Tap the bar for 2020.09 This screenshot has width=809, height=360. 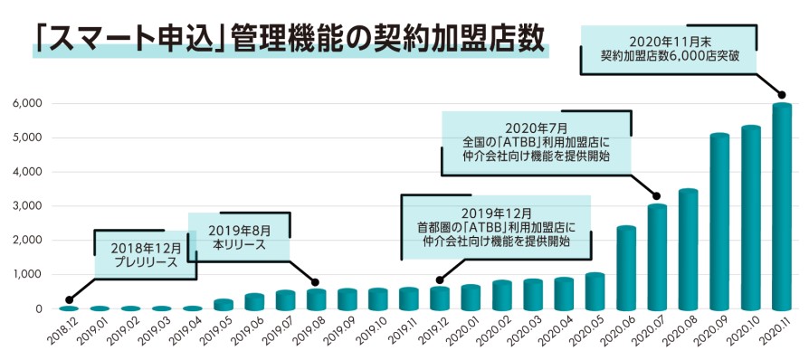tap(719, 222)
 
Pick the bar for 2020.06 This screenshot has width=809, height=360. tap(626, 268)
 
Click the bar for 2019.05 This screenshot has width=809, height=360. tap(224, 304)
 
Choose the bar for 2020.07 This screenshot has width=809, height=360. tap(657, 257)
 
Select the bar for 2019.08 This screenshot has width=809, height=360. tap(316, 299)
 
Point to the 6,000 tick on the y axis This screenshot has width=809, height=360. tap(27, 103)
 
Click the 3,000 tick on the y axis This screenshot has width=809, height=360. tap(27, 206)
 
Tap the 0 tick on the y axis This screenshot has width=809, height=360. tap(39, 309)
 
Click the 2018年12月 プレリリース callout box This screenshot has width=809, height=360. tap(145, 253)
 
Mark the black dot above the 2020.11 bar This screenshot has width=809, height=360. tap(783, 95)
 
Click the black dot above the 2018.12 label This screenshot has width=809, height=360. tap(69, 299)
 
